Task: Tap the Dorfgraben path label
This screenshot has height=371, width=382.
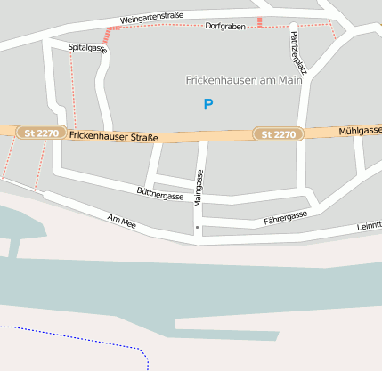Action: tap(224, 27)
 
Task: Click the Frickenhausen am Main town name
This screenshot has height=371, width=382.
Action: tap(244, 80)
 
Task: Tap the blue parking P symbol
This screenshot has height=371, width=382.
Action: tap(208, 104)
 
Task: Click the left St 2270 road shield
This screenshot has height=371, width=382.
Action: tap(39, 133)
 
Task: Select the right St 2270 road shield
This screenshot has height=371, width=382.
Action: tap(279, 134)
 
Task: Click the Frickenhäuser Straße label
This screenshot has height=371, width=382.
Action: tap(113, 137)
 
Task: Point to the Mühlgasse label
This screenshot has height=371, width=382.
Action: tap(360, 131)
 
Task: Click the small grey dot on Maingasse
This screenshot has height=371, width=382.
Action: tap(198, 228)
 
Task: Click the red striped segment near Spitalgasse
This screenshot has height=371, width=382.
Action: tap(110, 35)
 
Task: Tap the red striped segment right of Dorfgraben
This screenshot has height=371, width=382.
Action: tap(259, 21)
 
